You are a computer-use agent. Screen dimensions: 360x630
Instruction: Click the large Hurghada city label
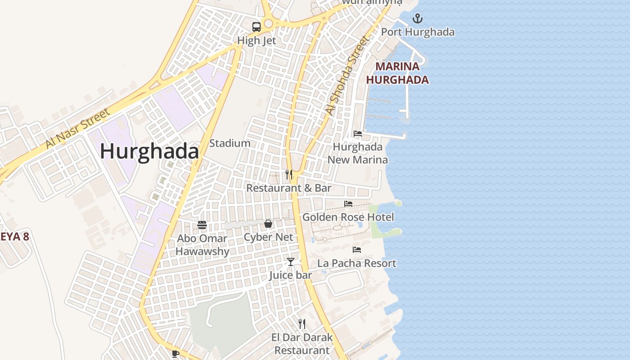coord(149,151)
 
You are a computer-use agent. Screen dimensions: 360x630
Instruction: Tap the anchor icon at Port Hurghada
coord(418,19)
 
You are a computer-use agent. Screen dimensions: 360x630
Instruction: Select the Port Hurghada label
coord(418,32)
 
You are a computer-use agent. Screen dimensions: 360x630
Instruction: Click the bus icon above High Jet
coord(256,27)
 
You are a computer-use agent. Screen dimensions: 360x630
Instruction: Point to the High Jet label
coord(256,40)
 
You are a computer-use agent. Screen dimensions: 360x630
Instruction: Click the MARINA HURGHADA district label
coord(397,73)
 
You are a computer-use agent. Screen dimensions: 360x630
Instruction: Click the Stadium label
coord(229,143)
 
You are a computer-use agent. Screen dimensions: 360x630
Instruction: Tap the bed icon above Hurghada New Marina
coord(358,134)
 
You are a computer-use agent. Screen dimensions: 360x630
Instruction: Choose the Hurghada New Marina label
coord(357,153)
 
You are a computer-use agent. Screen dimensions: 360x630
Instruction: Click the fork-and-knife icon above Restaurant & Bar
coord(289,175)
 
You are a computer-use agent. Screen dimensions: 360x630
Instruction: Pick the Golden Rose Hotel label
coord(348,217)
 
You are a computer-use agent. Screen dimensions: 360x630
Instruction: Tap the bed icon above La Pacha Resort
coord(357,249)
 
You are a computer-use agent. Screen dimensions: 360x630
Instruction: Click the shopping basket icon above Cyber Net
coord(268,224)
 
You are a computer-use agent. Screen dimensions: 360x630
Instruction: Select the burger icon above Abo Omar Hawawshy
coord(202,225)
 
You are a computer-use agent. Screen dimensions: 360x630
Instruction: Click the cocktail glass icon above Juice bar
coord(291,261)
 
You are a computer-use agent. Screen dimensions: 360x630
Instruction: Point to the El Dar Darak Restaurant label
coord(302,344)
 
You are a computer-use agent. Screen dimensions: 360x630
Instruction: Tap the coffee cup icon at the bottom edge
coord(175,354)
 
